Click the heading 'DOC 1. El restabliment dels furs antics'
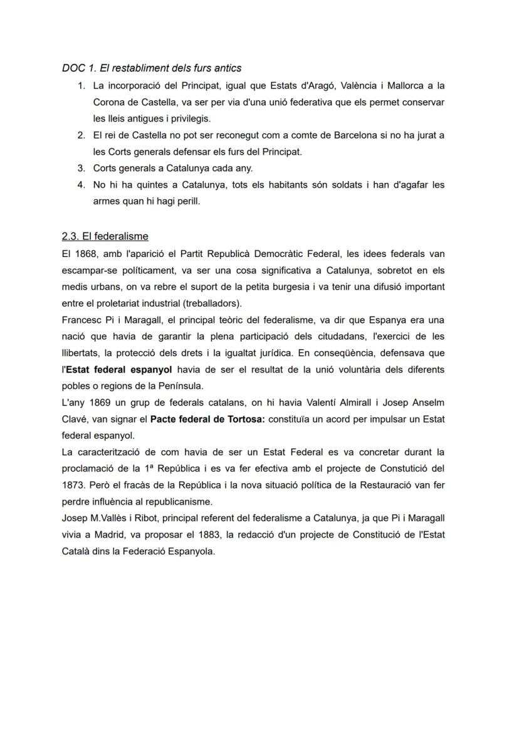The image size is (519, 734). pos(151,68)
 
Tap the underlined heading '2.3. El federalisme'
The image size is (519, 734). pos(105,236)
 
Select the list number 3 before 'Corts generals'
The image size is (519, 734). pos(81,168)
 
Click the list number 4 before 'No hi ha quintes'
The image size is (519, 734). pos(81,185)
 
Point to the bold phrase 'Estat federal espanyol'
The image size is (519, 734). pos(119,369)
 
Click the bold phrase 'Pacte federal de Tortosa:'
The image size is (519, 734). pos(207,419)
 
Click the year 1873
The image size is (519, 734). pos(73,485)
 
